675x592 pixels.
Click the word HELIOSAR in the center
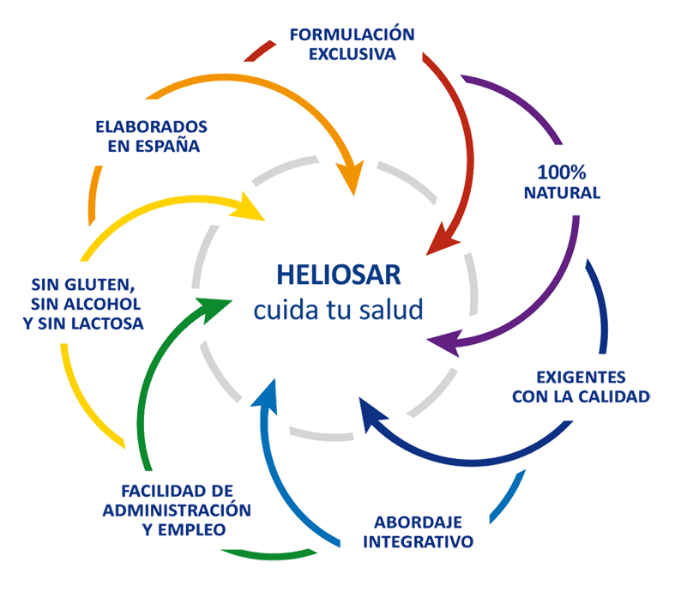(338, 275)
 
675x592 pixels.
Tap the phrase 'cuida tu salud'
(338, 308)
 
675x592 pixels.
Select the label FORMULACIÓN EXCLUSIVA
(352, 45)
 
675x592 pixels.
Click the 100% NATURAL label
(562, 181)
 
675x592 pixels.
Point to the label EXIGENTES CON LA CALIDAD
(581, 386)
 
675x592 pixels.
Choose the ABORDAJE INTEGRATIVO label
(419, 532)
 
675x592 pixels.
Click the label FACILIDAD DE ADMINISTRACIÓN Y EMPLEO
(177, 510)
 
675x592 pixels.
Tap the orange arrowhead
(350, 181)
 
